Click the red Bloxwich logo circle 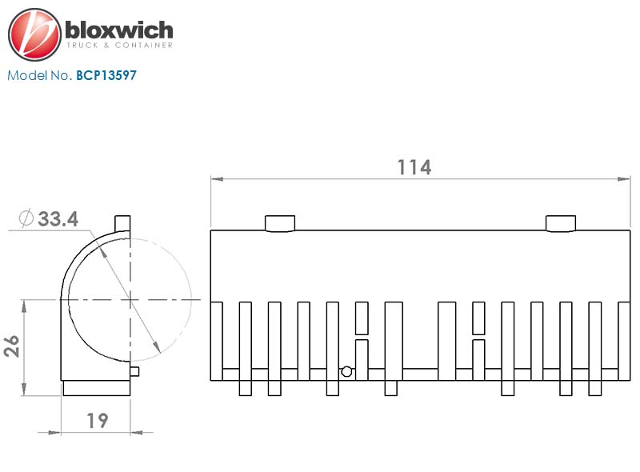tap(34, 34)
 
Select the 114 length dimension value tap(414, 167)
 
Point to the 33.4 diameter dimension tap(58, 218)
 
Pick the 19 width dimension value tap(97, 419)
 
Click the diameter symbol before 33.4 tap(25, 218)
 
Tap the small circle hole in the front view tap(346, 371)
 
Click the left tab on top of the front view tap(280, 223)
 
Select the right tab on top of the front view tap(560, 223)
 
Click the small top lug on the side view tap(122, 222)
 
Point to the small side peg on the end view tap(135, 371)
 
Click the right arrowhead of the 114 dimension tap(626, 179)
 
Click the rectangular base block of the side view tap(97, 387)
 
